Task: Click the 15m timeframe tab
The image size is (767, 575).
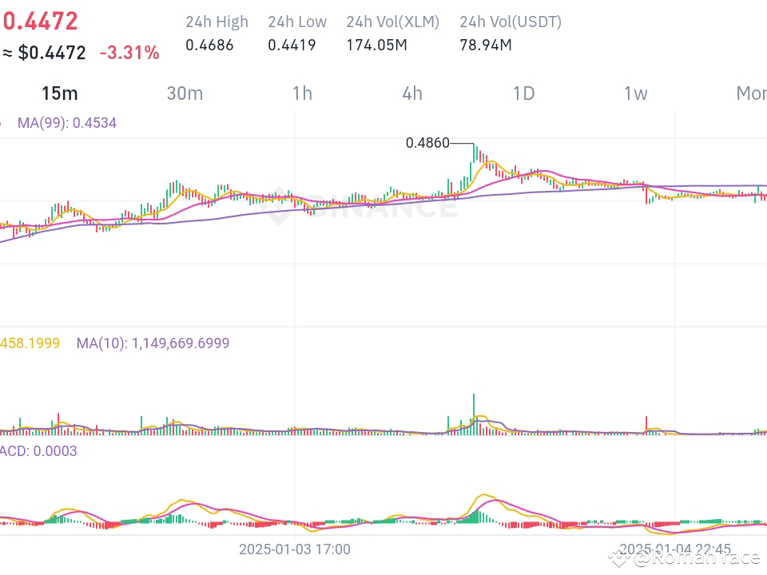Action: pyautogui.click(x=59, y=93)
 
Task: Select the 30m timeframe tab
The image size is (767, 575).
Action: pyautogui.click(x=185, y=93)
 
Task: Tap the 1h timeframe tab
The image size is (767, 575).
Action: pyautogui.click(x=302, y=93)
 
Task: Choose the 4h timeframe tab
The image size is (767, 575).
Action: pyautogui.click(x=412, y=93)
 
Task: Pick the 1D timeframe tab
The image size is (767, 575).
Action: pyautogui.click(x=523, y=93)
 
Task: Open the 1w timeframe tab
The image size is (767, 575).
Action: pyautogui.click(x=635, y=93)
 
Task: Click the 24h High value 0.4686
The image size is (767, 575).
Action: pyautogui.click(x=209, y=45)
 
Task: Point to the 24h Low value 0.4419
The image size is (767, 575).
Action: pyautogui.click(x=292, y=45)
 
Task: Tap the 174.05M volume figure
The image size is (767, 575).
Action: pyautogui.click(x=376, y=45)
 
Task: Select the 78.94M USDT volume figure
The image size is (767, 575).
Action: pyautogui.click(x=485, y=45)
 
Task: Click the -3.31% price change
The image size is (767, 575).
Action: pyautogui.click(x=129, y=54)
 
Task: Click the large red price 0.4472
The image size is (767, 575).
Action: pyautogui.click(x=40, y=20)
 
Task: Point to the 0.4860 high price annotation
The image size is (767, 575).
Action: pyautogui.click(x=427, y=144)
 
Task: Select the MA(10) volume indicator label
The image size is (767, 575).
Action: pyautogui.click(x=153, y=343)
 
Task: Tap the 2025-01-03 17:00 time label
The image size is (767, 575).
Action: pyautogui.click(x=294, y=549)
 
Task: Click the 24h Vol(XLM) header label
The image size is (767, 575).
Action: pyautogui.click(x=392, y=22)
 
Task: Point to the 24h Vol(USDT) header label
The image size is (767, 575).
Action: pyautogui.click(x=511, y=22)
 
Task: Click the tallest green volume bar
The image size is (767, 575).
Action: pyautogui.click(x=474, y=414)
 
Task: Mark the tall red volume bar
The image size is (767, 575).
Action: pyautogui.click(x=646, y=424)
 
